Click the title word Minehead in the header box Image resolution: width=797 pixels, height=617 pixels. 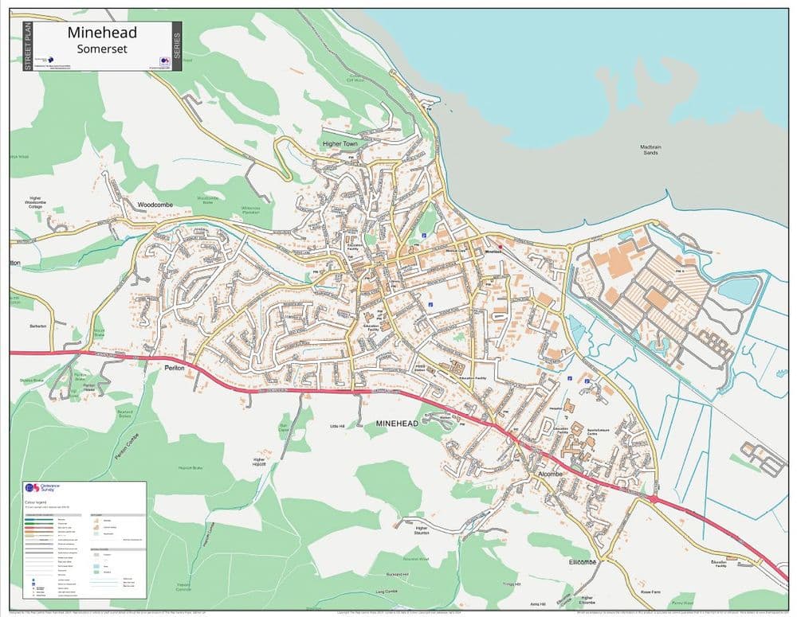point(102,33)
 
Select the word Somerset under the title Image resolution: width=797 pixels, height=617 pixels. point(102,49)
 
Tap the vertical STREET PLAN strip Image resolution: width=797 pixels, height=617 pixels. point(28,46)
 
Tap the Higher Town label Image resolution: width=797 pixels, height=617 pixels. point(342,144)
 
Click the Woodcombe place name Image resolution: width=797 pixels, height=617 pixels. point(155,205)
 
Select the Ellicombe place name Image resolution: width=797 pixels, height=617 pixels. point(583,562)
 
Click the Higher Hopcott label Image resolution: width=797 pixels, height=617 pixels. point(258,463)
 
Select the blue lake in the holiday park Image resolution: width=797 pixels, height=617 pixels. point(738,291)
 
